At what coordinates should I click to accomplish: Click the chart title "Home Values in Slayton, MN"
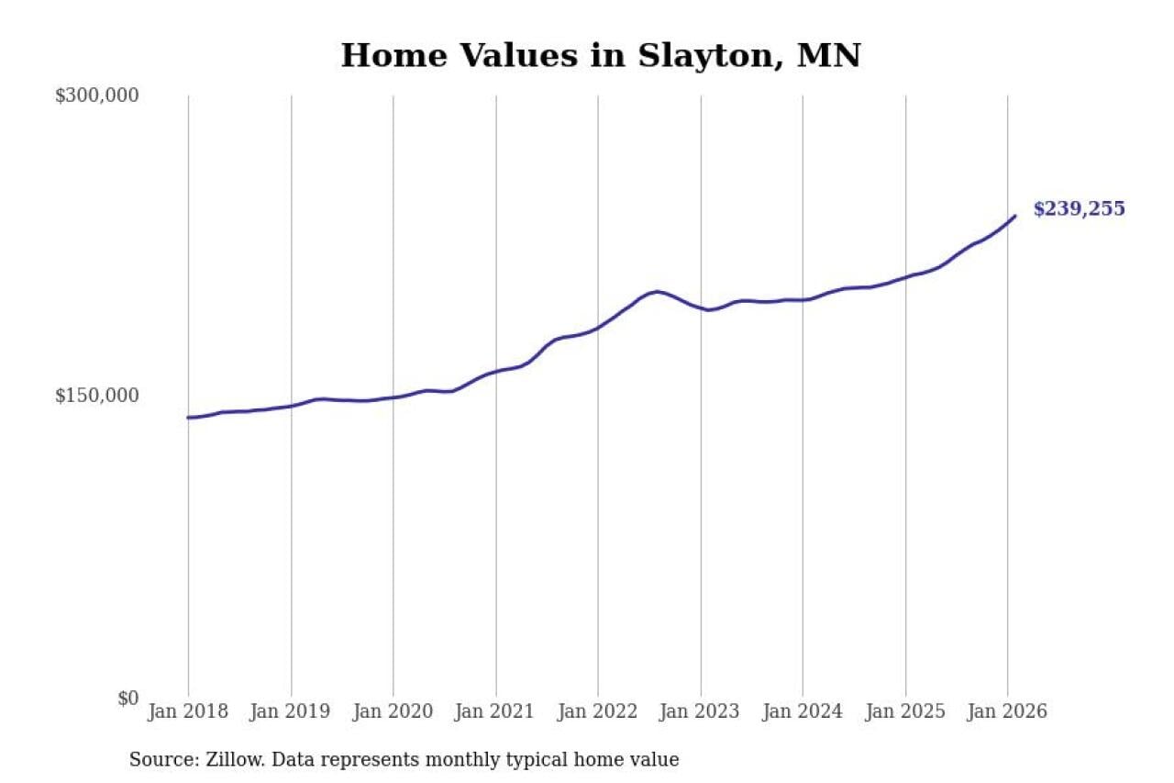601,55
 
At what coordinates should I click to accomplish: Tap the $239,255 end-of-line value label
1079,209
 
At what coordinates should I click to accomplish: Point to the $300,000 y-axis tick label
96,95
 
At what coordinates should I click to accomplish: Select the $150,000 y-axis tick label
96,396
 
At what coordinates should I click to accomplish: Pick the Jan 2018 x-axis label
188,712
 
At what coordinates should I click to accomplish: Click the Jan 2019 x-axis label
291,712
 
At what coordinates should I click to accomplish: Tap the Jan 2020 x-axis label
393,712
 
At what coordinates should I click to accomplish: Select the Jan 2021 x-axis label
495,712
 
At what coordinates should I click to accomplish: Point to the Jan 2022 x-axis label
598,712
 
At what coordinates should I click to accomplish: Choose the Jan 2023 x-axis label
701,712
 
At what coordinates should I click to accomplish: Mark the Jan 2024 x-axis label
803,712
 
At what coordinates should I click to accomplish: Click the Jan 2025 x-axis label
905,712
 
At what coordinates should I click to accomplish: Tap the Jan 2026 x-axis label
1007,712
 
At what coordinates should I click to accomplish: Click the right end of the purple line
1014,217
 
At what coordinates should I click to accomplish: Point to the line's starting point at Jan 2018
189,418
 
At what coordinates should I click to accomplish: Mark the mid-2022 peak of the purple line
657,292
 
